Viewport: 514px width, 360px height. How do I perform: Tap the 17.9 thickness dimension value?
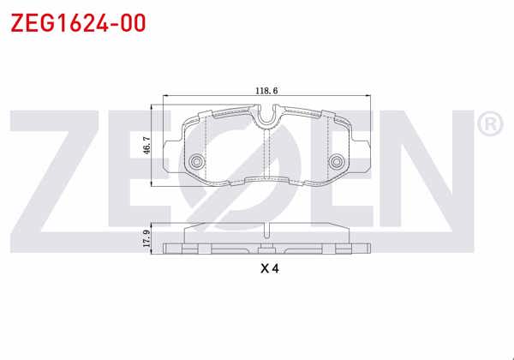148,239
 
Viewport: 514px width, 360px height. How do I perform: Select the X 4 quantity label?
270,268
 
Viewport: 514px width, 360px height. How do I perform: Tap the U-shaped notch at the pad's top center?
270,114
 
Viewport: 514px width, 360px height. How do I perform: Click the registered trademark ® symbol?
489,125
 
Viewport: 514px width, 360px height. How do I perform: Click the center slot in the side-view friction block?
270,230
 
